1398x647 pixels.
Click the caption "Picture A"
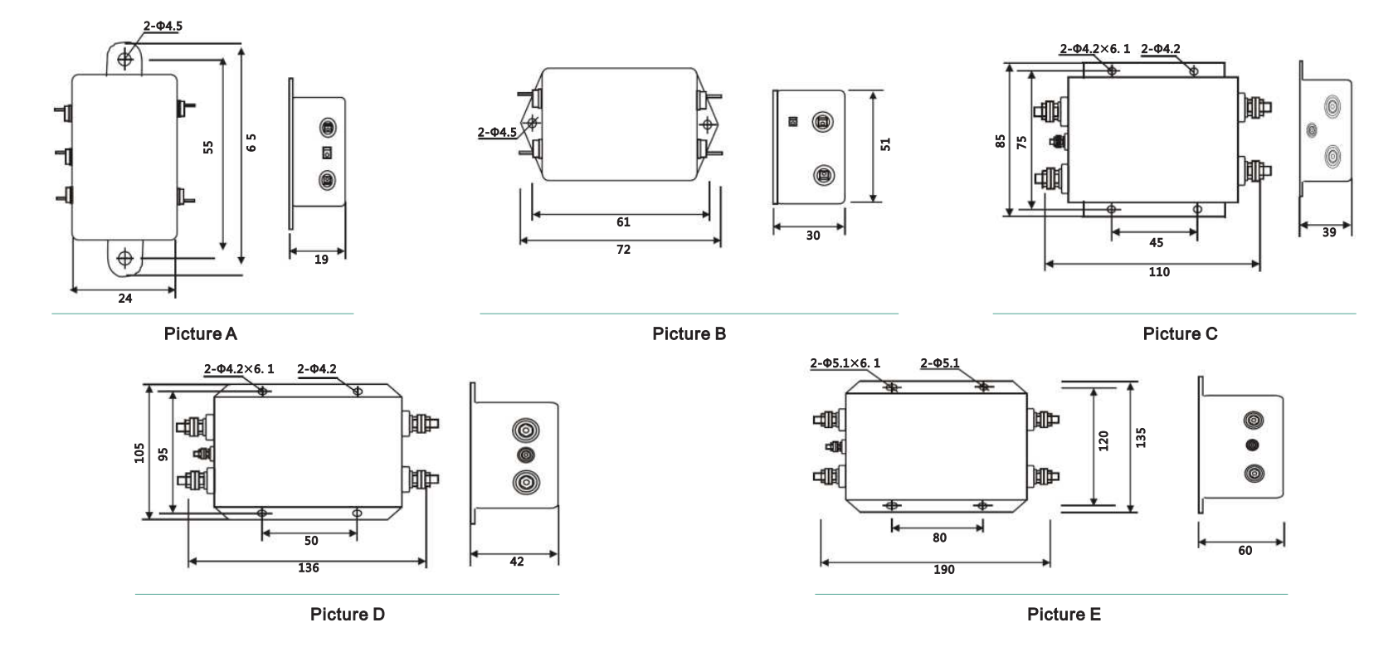[x=200, y=333]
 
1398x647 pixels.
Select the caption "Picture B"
[x=689, y=333]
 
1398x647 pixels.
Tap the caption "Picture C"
[x=1180, y=333]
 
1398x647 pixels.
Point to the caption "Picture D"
[x=347, y=615]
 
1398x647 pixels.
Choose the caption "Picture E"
[x=1064, y=615]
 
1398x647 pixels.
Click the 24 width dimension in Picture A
[x=124, y=299]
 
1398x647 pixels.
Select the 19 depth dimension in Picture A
[x=321, y=260]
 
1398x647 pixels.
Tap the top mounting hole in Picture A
[x=124, y=59]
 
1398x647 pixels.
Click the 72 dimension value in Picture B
[x=623, y=250]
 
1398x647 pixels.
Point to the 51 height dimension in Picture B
[x=885, y=144]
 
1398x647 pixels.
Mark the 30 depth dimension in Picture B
[x=813, y=236]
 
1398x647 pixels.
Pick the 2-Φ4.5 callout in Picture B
[x=497, y=132]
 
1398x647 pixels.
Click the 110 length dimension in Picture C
[x=1159, y=272]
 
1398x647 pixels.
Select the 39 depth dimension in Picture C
[x=1329, y=233]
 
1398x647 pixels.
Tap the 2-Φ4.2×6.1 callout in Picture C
[x=1094, y=49]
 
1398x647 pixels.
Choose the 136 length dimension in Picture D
[x=309, y=568]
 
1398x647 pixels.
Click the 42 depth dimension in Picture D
[x=517, y=562]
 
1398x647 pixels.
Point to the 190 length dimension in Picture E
[x=943, y=570]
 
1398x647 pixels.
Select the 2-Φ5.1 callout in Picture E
[x=939, y=363]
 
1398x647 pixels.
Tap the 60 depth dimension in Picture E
[x=1245, y=551]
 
